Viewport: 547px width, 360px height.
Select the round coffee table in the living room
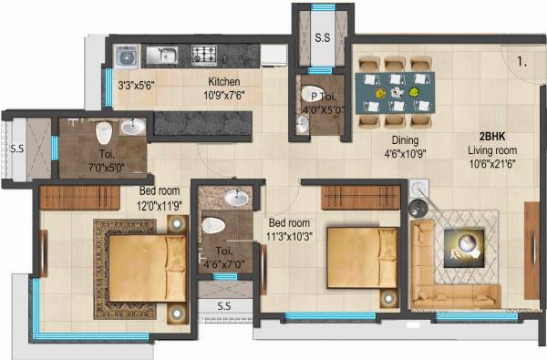pyautogui.click(x=465, y=244)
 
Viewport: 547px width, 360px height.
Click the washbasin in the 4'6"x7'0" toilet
pyautogui.click(x=237, y=196)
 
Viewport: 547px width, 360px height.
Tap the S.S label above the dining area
pyautogui.click(x=323, y=38)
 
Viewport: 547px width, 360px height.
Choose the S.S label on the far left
pyautogui.click(x=16, y=148)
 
